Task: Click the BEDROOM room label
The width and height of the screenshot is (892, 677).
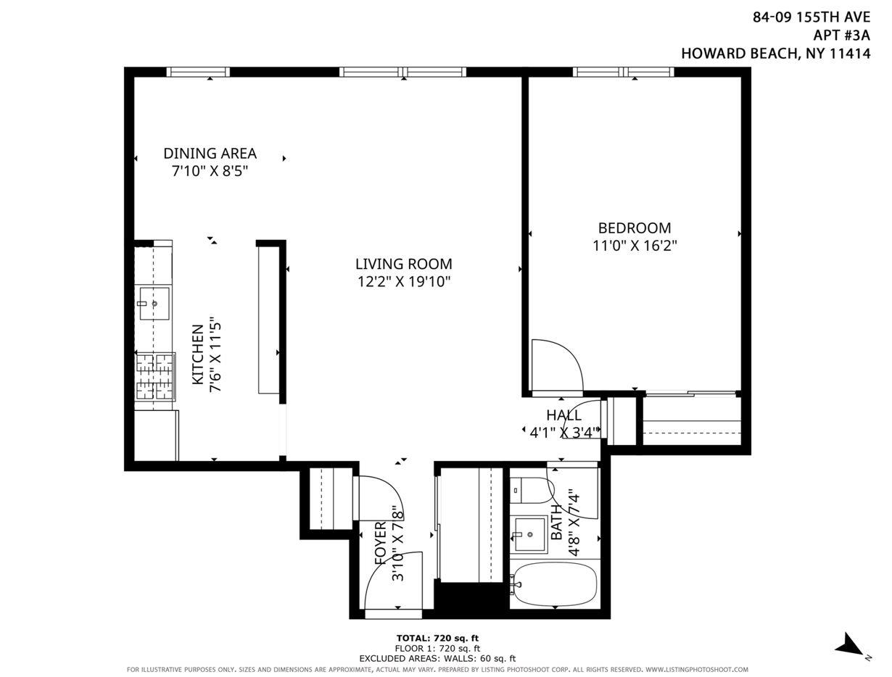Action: coord(634,228)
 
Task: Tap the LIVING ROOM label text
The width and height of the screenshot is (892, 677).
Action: coord(403,264)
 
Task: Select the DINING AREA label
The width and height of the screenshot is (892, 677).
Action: coord(210,154)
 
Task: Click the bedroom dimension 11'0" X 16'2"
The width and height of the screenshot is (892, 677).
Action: coord(635,246)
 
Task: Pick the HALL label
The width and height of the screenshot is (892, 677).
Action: coord(563,415)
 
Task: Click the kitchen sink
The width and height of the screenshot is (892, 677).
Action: coord(154,304)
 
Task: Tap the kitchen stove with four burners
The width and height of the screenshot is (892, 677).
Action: coord(155,376)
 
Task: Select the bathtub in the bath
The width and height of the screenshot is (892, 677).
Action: coord(554,583)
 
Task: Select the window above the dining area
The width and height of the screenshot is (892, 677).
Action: coord(198,72)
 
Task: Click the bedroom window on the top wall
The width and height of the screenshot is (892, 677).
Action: coord(623,72)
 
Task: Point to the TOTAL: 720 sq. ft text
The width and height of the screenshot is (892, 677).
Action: coord(437,638)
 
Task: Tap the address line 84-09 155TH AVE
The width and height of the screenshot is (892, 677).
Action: coord(811,17)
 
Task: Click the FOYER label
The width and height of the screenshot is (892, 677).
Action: coord(381,544)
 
